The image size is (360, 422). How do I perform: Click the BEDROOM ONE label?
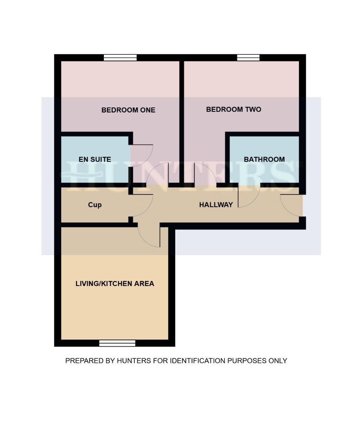pyautogui.click(x=128, y=110)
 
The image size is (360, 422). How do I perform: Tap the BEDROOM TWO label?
pyautogui.click(x=233, y=109)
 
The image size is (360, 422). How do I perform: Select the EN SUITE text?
pyautogui.click(x=94, y=159)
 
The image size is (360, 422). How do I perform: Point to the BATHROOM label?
pyautogui.click(x=264, y=159)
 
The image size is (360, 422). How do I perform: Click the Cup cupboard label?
pyautogui.click(x=94, y=205)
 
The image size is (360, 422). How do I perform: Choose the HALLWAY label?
pyautogui.click(x=216, y=205)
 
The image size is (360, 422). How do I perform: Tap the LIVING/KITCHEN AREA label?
pyautogui.click(x=115, y=284)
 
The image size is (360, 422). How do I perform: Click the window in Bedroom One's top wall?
pyautogui.click(x=120, y=58)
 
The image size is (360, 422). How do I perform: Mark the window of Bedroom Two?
pyautogui.click(x=248, y=58)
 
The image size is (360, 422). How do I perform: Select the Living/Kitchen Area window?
pyautogui.click(x=117, y=343)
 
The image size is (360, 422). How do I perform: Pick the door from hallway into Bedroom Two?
pyautogui.click(x=205, y=174)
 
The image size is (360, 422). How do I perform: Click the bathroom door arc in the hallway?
pyautogui.click(x=248, y=195)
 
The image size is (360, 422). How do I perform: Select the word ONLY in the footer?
pyautogui.click(x=278, y=361)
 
